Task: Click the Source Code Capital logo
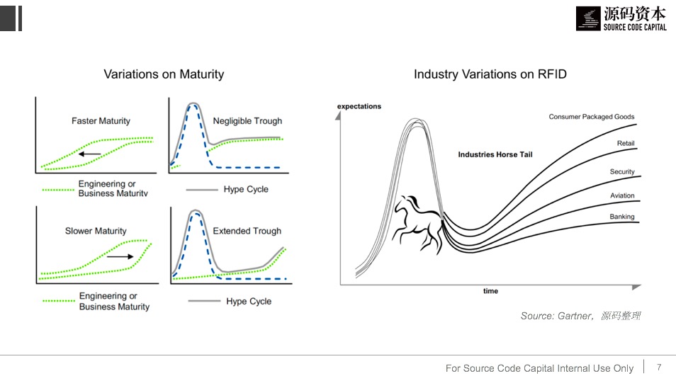click(x=621, y=18)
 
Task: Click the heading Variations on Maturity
click(x=164, y=74)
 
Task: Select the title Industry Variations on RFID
click(x=490, y=74)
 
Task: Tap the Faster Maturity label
click(x=101, y=121)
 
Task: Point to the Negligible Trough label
click(x=247, y=121)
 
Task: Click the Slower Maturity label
click(x=96, y=231)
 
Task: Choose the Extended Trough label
click(x=247, y=231)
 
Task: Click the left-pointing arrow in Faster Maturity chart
click(x=90, y=153)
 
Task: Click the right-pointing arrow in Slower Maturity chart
click(x=120, y=257)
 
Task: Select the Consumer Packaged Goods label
click(x=591, y=117)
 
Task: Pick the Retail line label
click(x=626, y=144)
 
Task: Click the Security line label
click(x=622, y=172)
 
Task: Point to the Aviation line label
click(x=622, y=195)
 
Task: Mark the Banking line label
click(x=622, y=217)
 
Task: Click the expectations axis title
click(x=359, y=107)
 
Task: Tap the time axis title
click(x=490, y=291)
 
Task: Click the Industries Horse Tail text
click(x=495, y=154)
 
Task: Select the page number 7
click(x=659, y=367)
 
